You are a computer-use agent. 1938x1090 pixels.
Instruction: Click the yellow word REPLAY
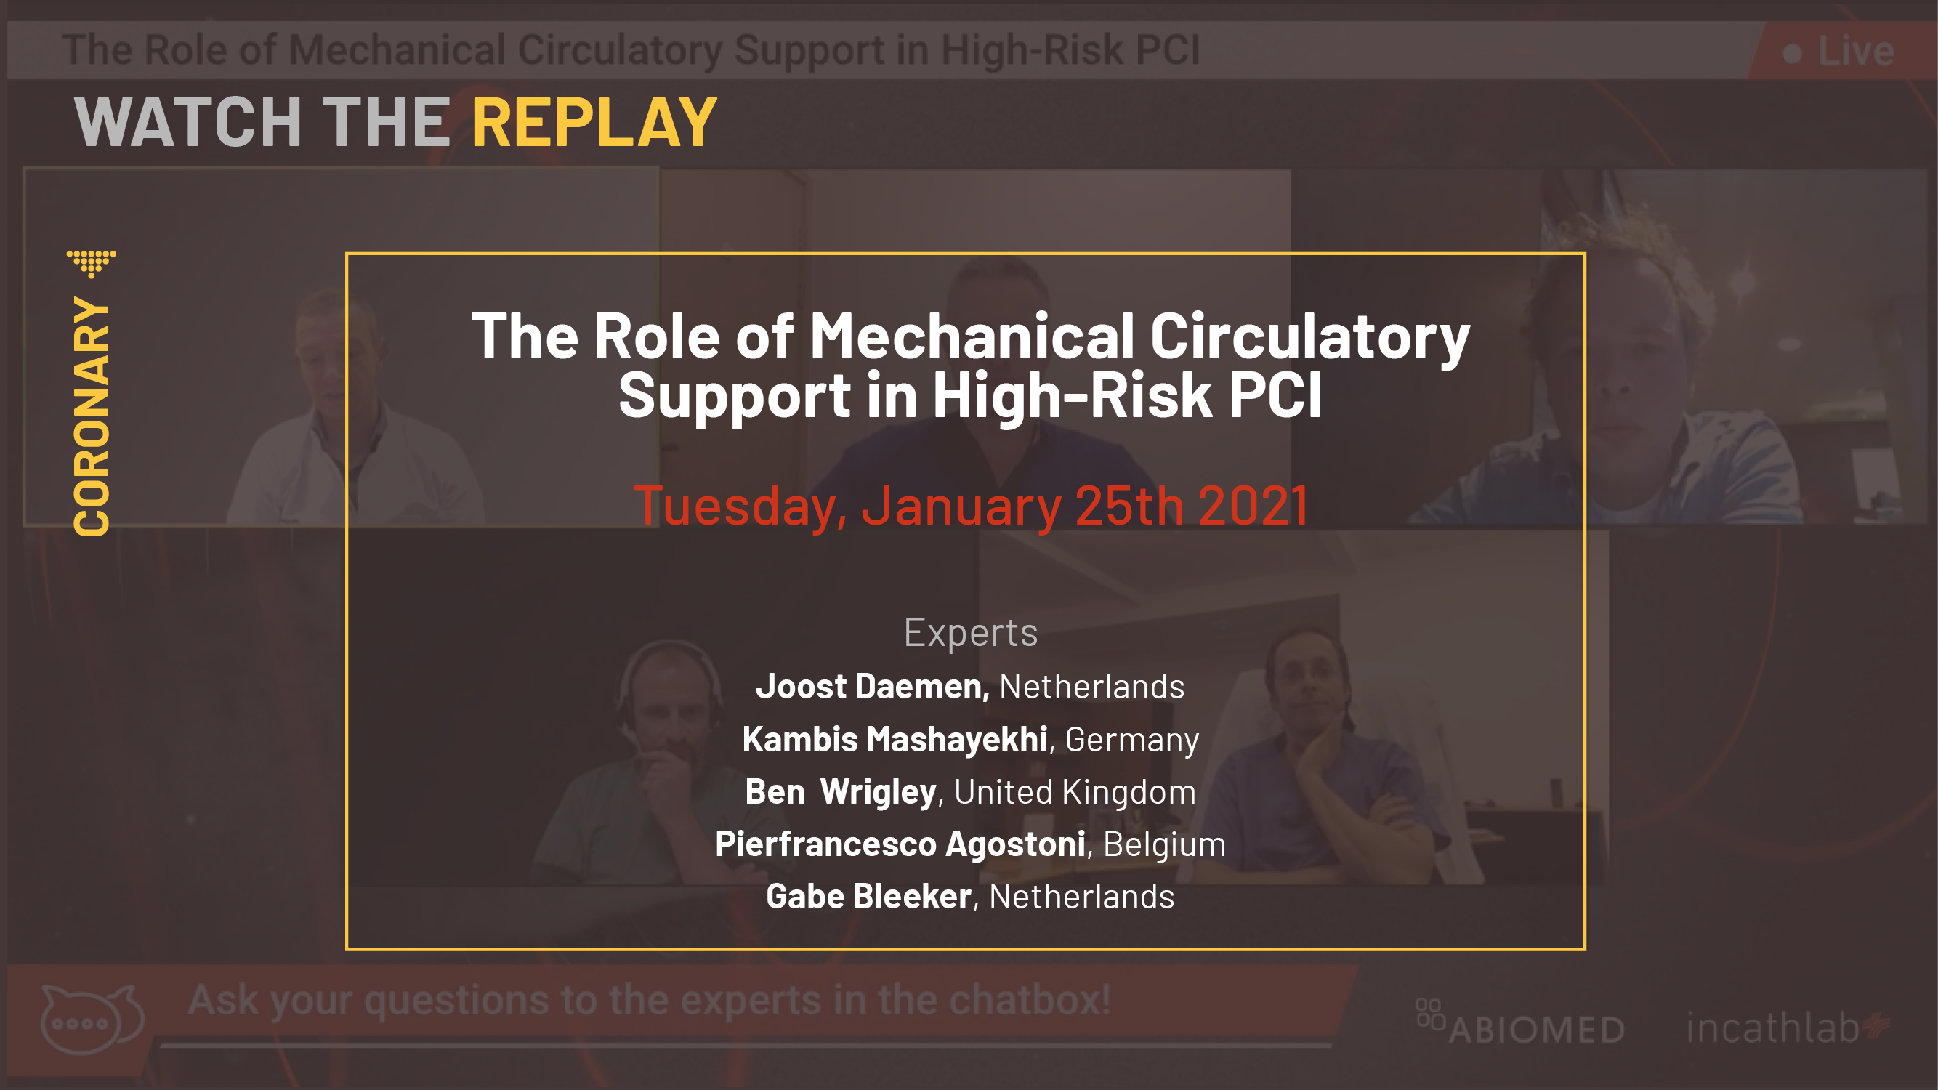coord(594,122)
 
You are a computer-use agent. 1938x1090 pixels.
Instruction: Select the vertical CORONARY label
coord(92,416)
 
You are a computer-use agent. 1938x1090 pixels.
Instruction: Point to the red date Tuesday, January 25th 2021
coord(971,506)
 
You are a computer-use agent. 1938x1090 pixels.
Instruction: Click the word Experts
coord(971,632)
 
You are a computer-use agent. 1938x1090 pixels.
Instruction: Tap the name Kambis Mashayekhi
coord(895,739)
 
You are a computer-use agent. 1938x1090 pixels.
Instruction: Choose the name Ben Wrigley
coord(840,791)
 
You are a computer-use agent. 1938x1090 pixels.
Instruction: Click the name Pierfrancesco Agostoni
coord(900,843)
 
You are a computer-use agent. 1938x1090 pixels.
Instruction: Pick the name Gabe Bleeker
coord(868,896)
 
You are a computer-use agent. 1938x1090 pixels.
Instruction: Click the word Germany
coord(1132,740)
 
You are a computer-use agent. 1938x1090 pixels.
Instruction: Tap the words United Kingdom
coord(1075,792)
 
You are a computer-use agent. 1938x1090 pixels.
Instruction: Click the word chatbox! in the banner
coord(1030,1001)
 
